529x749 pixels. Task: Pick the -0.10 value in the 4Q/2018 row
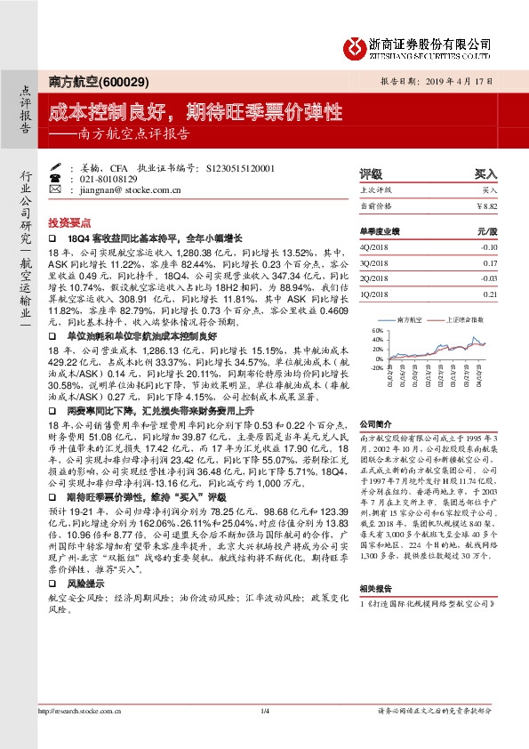pyautogui.click(x=488, y=247)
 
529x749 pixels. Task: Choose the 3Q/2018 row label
pyautogui.click(x=374, y=263)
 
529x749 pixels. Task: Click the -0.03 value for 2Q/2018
pyautogui.click(x=488, y=278)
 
